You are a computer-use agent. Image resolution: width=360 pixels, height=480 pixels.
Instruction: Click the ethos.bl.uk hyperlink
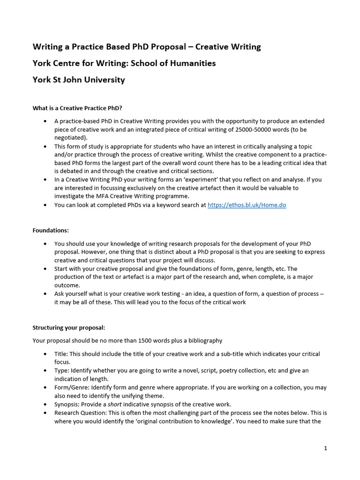coord(247,205)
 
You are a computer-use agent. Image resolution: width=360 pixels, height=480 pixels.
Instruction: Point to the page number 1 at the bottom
coord(325,448)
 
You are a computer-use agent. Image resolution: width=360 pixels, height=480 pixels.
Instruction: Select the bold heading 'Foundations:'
coord(51,230)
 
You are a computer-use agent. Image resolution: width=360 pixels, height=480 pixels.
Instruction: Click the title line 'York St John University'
coord(79,80)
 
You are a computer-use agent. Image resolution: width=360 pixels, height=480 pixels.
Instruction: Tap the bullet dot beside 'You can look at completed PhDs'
coord(45,205)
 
